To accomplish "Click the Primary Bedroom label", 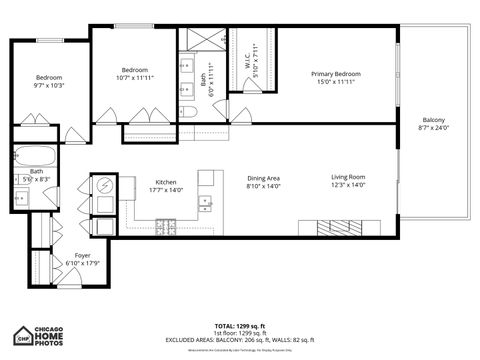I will (335, 74).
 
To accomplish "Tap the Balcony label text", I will (433, 119).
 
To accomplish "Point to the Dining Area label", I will (264, 177).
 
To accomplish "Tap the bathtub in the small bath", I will (35, 156).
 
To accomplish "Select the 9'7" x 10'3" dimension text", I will (49, 86).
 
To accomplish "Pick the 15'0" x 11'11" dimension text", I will (335, 83).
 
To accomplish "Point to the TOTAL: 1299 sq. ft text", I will (239, 326).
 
